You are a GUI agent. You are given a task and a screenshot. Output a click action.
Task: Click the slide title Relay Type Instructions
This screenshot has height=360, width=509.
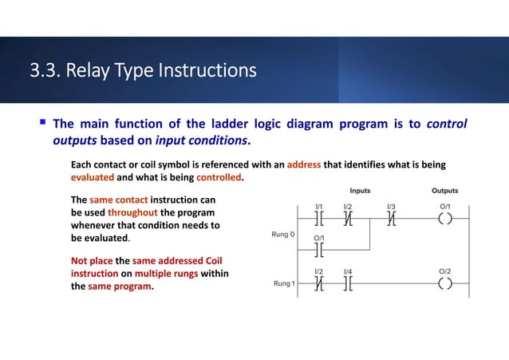pos(143,72)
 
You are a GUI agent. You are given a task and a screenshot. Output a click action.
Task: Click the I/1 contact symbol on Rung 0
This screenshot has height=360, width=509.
pos(319,220)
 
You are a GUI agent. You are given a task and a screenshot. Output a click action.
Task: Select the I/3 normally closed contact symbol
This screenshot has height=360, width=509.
pos(391,220)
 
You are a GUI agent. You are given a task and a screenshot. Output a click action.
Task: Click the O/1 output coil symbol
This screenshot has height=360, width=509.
pos(444,220)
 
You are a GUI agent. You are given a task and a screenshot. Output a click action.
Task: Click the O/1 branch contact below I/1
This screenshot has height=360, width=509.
pos(319,251)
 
